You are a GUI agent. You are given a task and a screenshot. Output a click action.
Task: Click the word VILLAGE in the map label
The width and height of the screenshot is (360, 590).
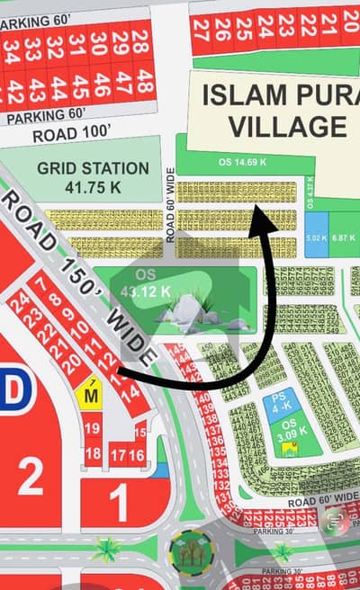[274, 126]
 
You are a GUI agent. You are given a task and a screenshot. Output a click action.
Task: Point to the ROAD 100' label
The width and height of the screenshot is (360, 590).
[72, 135]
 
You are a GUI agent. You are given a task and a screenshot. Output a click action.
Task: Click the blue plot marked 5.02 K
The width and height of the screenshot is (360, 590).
[316, 237]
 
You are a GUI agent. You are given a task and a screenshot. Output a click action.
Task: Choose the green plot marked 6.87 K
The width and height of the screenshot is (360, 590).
[344, 237]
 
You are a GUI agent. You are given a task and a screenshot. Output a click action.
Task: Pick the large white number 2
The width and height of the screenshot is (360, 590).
[31, 477]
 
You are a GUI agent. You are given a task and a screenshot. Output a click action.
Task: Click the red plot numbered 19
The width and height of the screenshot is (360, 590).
[92, 429]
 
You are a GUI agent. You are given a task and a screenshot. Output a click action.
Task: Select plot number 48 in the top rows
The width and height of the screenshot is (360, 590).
[140, 40]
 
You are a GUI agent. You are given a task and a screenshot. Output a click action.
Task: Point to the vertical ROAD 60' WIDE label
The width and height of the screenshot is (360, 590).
[169, 204]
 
